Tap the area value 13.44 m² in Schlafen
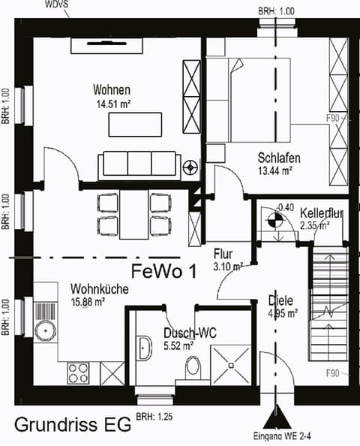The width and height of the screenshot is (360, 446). click(278, 171)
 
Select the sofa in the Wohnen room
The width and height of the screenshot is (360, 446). click(139, 162)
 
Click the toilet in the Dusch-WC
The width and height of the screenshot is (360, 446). click(193, 368)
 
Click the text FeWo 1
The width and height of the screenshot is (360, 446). click(163, 270)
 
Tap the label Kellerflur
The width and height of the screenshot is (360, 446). click(321, 213)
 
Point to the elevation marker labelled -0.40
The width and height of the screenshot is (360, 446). click(274, 220)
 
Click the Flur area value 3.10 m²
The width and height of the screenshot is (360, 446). click(226, 267)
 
